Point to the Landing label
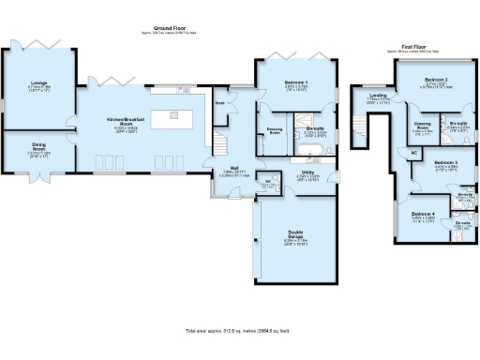point(378,97)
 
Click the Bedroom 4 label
point(423,214)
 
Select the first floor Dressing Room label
point(423,126)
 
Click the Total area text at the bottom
point(238,331)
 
